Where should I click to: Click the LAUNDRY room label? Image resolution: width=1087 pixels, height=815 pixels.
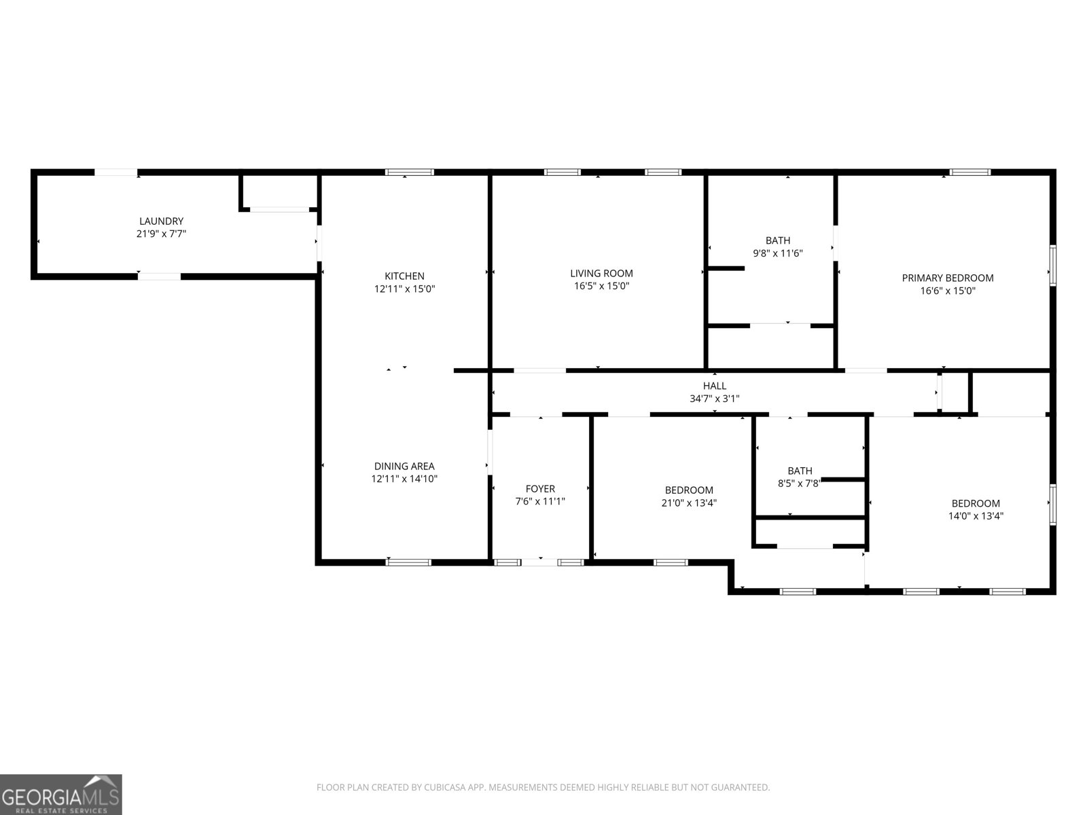pos(161,221)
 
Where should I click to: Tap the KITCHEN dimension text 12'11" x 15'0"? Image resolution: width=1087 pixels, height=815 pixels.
pos(404,289)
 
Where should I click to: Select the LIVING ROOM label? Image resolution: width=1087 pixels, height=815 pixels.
pos(601,274)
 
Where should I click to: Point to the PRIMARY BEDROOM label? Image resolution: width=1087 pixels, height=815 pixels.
pos(947,278)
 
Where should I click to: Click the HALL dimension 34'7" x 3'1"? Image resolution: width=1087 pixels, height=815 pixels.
pos(714,399)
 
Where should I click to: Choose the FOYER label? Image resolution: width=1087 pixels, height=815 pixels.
pos(540,489)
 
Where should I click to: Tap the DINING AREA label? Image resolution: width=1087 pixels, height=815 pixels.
pos(404,466)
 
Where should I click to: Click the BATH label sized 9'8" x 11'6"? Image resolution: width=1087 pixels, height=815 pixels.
pos(778,240)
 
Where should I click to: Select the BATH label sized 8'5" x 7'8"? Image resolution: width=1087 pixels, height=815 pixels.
pos(800,471)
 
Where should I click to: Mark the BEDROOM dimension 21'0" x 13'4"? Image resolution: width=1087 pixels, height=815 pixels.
pos(689,503)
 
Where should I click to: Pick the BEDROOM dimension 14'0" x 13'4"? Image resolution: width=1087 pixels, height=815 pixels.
pos(976,516)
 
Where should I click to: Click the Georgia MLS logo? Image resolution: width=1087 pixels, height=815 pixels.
pos(61,794)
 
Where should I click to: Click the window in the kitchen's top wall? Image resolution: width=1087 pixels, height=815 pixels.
pos(409,173)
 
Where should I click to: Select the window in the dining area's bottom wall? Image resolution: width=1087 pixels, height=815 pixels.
pos(408,562)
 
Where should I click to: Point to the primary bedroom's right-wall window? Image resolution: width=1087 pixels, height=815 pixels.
pos(1052,266)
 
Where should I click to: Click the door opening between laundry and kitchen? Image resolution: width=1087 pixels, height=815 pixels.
pos(319,243)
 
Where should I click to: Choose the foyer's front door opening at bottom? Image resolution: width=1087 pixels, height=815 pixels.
pos(540,562)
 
